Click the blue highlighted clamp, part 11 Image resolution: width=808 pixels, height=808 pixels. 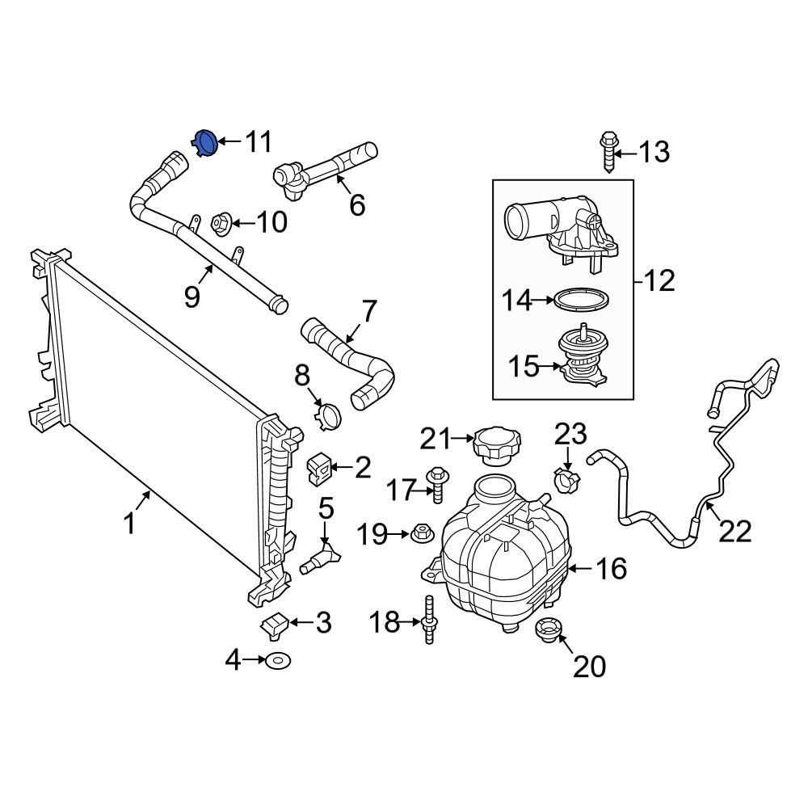[x=206, y=142]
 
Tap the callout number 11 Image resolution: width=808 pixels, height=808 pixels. [x=259, y=142]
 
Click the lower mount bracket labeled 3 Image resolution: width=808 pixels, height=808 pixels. [x=276, y=625]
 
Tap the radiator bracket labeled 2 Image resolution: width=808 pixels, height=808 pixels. [x=320, y=467]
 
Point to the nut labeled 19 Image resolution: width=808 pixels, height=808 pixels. [x=421, y=533]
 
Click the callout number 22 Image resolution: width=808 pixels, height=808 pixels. [x=734, y=531]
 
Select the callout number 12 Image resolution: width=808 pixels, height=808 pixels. [x=659, y=281]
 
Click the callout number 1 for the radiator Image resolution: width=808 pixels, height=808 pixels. [x=129, y=524]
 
